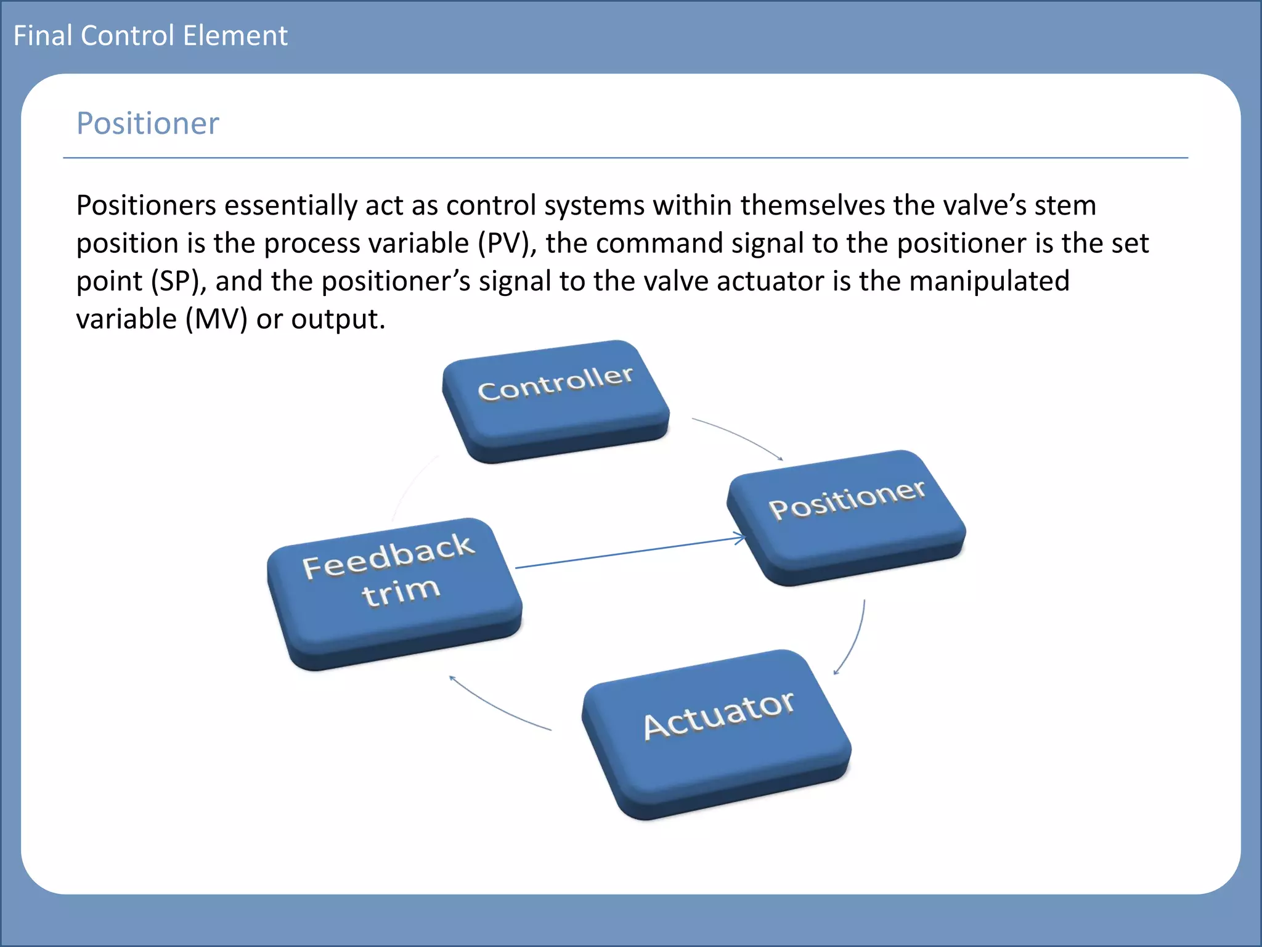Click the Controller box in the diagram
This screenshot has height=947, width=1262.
(x=555, y=401)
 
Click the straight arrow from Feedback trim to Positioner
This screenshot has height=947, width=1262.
(x=629, y=553)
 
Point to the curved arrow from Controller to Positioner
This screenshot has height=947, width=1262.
(x=739, y=435)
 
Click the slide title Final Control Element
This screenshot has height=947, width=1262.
(x=150, y=36)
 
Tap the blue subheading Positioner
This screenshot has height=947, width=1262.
(x=147, y=123)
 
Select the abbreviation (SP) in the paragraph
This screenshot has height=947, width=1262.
(x=175, y=282)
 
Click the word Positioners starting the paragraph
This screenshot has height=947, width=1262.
(x=146, y=205)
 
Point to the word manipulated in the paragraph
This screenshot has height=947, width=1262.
(x=989, y=282)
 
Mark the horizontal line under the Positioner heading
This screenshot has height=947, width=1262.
(x=625, y=158)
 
